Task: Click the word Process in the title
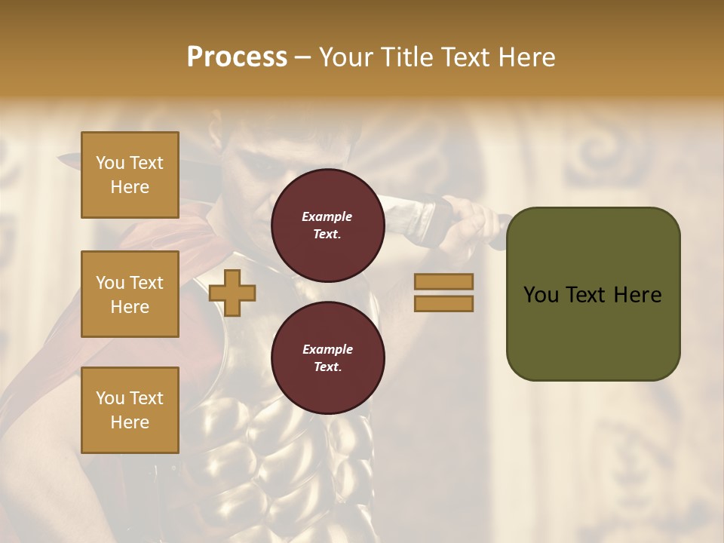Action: [x=237, y=57]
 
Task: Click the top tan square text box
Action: [x=130, y=175]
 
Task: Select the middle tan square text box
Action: [x=130, y=294]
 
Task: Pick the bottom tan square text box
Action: [x=130, y=410]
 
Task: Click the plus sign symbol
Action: [x=232, y=293]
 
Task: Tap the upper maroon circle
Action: [x=327, y=225]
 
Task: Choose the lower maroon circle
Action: [x=327, y=358]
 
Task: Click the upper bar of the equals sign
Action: [x=443, y=282]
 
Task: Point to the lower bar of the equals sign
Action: [x=443, y=303]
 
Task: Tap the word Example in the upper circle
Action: [x=327, y=216]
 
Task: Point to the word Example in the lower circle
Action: [x=327, y=349]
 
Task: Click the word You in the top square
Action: [x=110, y=163]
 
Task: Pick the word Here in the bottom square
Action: [x=130, y=422]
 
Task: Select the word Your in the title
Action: [x=348, y=57]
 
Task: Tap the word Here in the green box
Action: [x=637, y=295]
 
